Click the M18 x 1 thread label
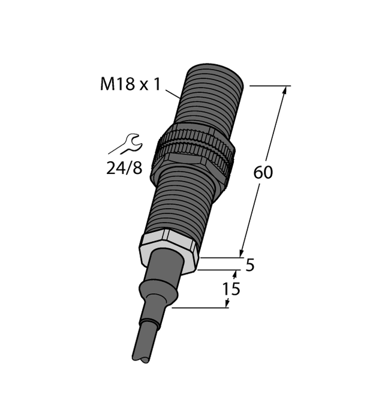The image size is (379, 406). point(130,85)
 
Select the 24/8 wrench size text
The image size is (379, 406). point(124,168)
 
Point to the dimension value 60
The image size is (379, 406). point(263,173)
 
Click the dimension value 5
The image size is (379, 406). point(250,264)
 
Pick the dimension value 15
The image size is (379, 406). point(231,289)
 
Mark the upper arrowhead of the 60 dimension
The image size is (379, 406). point(284,91)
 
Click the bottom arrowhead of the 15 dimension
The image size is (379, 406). point(227,304)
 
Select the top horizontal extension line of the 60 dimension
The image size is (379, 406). point(270,86)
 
